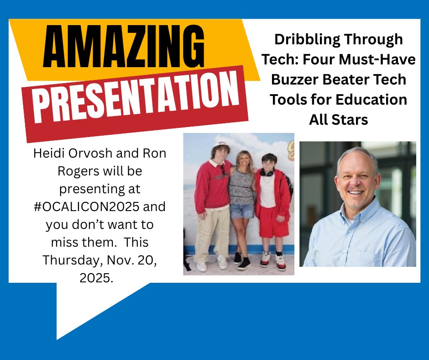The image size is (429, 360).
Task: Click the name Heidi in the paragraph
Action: [47, 153]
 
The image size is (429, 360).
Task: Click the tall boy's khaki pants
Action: [209, 233]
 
